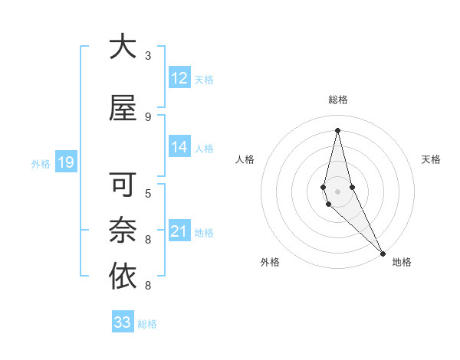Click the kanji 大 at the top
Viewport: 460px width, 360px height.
click(x=123, y=47)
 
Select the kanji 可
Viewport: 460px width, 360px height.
click(x=123, y=185)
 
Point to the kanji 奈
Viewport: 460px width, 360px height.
click(x=123, y=231)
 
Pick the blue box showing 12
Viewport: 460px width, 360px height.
click(x=179, y=78)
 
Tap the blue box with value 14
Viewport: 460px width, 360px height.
click(x=179, y=148)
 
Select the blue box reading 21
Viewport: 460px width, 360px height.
click(x=179, y=232)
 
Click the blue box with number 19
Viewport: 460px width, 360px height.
click(x=65, y=162)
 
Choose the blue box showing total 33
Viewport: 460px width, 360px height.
click(x=123, y=322)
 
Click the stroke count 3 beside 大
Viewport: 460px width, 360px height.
click(x=148, y=56)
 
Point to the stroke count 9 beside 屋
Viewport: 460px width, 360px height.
click(x=148, y=117)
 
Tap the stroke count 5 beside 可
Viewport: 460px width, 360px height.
click(x=148, y=193)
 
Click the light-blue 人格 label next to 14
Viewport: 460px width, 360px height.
click(x=204, y=149)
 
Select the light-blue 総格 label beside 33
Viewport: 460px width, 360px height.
click(x=147, y=324)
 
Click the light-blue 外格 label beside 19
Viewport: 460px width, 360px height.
click(x=40, y=163)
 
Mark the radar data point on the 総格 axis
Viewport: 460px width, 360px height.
click(x=337, y=129)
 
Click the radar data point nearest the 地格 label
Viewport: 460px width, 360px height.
click(x=383, y=252)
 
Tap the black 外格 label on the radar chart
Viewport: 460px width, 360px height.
click(x=270, y=262)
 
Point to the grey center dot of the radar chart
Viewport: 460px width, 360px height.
click(x=337, y=191)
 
